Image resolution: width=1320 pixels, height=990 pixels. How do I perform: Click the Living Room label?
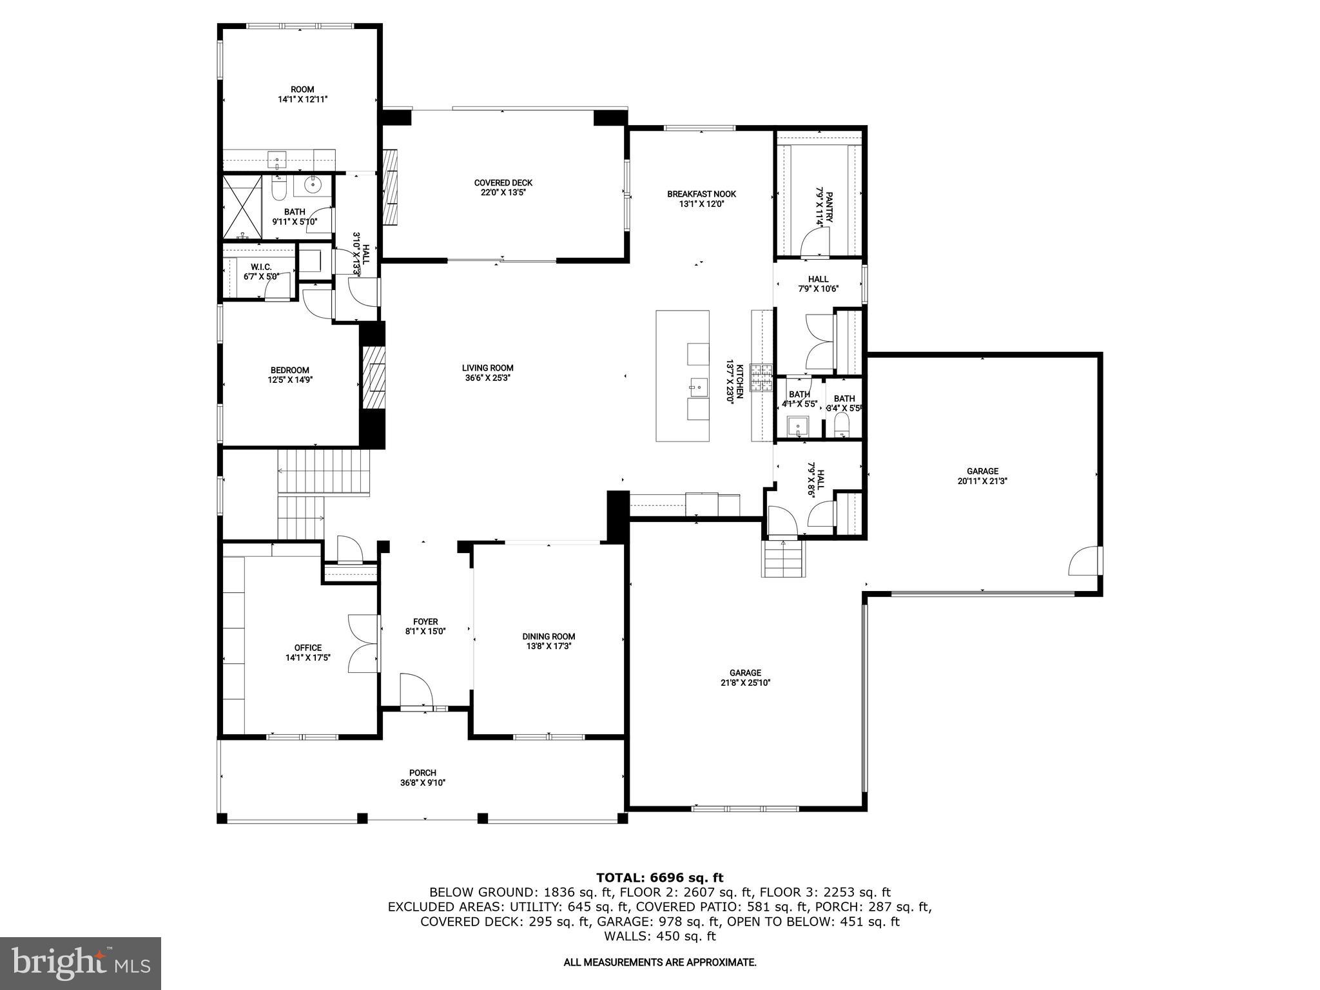click(x=487, y=368)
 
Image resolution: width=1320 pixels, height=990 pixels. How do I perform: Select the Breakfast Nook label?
click(x=701, y=194)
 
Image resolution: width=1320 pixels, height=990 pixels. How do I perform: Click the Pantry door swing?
click(x=813, y=244)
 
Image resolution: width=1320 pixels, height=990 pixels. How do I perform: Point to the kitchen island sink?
click(x=696, y=387)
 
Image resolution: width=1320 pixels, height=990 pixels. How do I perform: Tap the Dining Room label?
click(x=548, y=636)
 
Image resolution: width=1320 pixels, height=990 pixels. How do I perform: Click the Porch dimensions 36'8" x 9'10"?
click(x=422, y=783)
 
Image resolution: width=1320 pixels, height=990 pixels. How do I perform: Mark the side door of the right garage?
click(x=1084, y=561)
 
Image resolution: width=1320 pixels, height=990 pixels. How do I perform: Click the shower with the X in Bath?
click(x=242, y=207)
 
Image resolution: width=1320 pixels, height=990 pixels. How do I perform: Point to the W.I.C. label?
click(x=261, y=267)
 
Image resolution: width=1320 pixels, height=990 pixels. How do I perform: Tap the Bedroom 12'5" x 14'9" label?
click(x=289, y=370)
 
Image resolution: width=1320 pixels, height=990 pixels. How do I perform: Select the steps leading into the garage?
click(x=784, y=559)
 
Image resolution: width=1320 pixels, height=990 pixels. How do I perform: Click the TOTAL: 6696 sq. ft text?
click(x=659, y=877)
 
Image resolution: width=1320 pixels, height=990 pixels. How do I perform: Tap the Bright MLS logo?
click(x=81, y=963)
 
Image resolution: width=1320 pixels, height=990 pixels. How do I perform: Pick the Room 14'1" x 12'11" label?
click(x=302, y=90)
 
